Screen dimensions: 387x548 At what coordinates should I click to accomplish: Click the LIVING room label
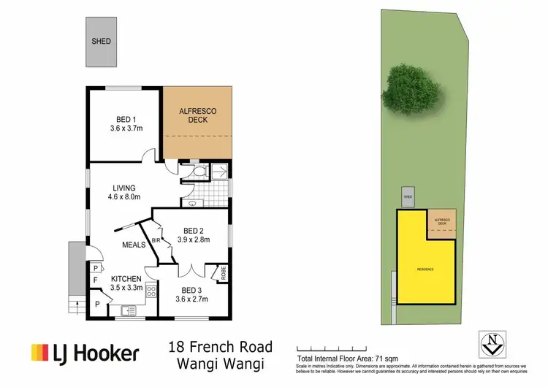point(123,188)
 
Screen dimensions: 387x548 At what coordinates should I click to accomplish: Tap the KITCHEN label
point(126,279)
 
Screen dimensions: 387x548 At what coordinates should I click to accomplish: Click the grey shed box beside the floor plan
point(101,42)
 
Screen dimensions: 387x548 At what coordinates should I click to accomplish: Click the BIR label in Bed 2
point(156,239)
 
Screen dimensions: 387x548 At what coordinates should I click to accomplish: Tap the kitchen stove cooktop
point(152,294)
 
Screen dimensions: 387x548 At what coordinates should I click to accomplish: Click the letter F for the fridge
point(95,279)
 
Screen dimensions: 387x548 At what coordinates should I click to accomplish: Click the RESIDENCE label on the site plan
point(425,269)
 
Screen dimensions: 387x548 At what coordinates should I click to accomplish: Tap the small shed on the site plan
point(408,197)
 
